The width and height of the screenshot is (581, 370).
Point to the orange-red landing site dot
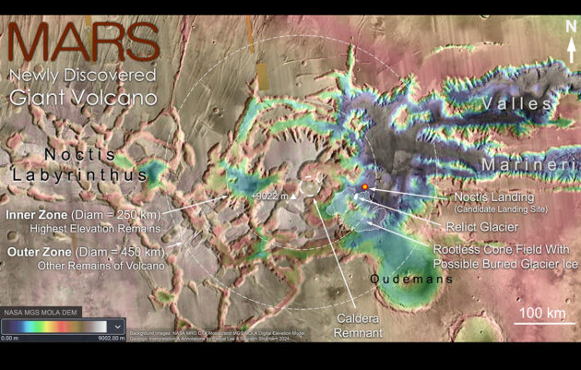click(365, 187)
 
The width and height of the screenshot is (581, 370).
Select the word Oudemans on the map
click(412, 279)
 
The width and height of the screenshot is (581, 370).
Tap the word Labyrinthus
click(79, 174)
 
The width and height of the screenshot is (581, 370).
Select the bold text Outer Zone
click(39, 251)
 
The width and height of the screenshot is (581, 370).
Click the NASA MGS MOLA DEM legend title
click(42, 312)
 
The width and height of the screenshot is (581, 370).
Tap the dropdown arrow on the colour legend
click(116, 326)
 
